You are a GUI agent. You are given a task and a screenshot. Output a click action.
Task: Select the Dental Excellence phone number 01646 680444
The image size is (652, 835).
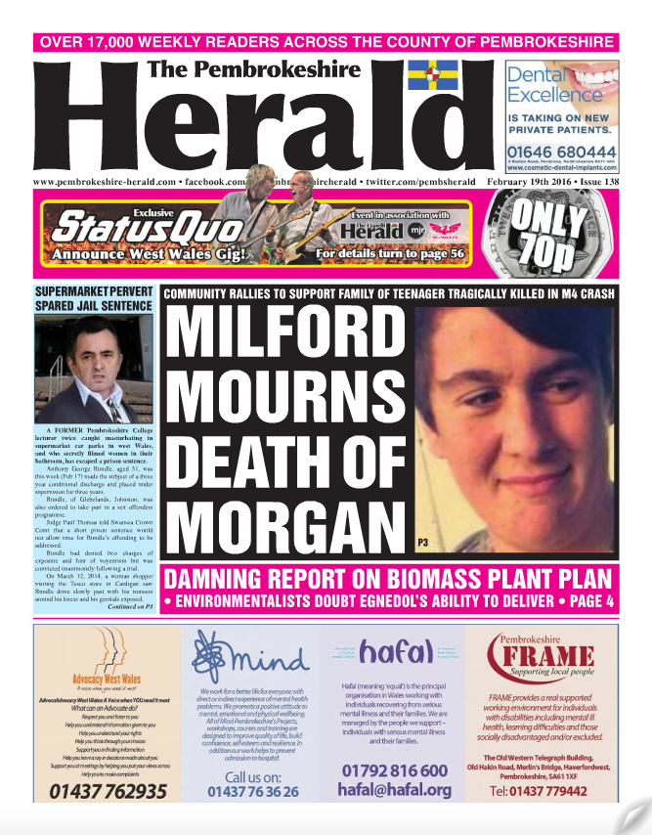[561, 153]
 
